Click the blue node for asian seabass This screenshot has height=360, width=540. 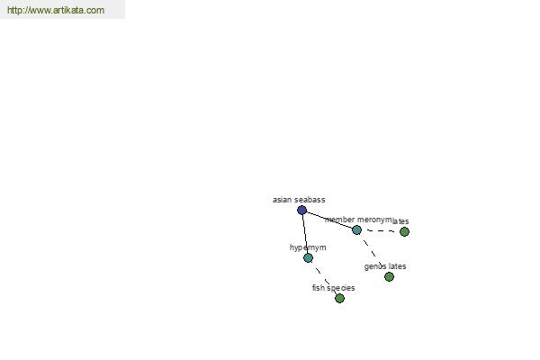click(301, 210)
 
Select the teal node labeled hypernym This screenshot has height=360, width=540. click(308, 257)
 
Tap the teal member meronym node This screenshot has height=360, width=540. click(356, 229)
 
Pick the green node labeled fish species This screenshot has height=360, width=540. click(339, 298)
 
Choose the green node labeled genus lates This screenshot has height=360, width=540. click(389, 276)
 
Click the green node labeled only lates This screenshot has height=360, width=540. click(404, 231)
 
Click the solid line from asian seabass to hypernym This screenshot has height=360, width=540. click(305, 234)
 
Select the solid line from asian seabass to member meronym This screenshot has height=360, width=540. click(329, 220)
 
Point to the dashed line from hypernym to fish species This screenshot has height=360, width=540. click(325, 279)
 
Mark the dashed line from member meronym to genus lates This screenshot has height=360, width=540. click(373, 253)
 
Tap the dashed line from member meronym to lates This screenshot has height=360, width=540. click(381, 230)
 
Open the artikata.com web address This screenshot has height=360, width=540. click(56, 10)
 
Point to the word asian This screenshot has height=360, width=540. click(283, 200)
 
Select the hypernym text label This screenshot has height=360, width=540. click(308, 247)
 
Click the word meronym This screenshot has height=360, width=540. click(374, 220)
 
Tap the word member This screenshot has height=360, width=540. click(340, 220)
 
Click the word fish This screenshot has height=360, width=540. click(319, 288)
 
